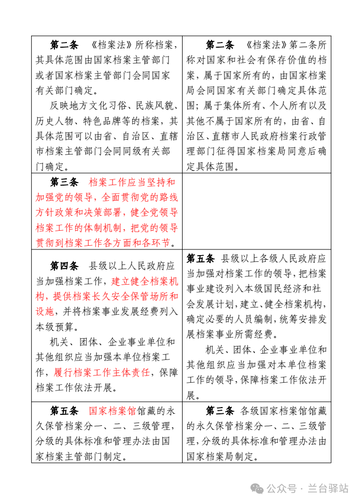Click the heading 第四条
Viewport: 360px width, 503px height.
click(64, 266)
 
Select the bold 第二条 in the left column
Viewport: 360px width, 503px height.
click(64, 45)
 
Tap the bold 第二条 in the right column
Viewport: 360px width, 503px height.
click(220, 45)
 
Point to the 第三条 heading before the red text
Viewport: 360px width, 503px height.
click(64, 183)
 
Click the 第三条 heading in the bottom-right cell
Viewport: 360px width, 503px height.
click(220, 411)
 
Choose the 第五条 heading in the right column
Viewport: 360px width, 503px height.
click(200, 258)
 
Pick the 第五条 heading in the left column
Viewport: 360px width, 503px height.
click(64, 411)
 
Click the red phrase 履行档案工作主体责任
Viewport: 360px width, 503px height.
click(102, 372)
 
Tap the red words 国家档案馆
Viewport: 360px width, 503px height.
click(113, 411)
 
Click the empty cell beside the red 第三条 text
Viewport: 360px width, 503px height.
click(256, 211)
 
